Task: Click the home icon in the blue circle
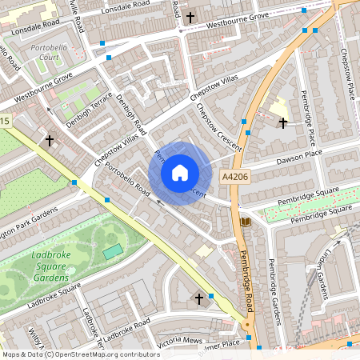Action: point(180,173)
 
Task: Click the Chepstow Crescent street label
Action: point(218,122)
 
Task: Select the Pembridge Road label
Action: point(247,275)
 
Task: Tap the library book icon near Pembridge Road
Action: point(245,221)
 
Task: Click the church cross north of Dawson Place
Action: point(282,123)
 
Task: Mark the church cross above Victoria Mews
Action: point(199,299)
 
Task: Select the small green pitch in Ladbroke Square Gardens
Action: point(113,252)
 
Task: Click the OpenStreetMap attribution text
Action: point(80,354)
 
